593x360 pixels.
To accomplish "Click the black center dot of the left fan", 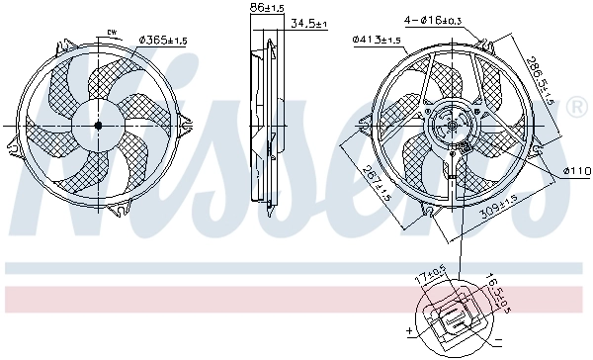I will (x=98, y=126).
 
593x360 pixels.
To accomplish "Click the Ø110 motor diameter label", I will (x=576, y=171).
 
